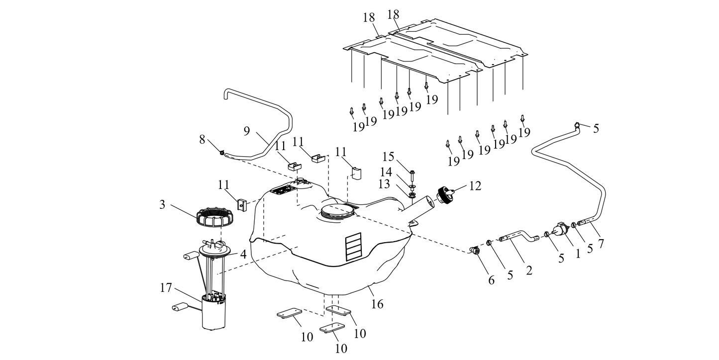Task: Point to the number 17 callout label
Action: click(x=166, y=288)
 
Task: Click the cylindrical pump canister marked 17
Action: click(x=214, y=313)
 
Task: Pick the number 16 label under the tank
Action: click(x=377, y=303)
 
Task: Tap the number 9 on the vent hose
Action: click(x=247, y=131)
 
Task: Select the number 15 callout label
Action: click(x=388, y=157)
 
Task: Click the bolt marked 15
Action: click(x=412, y=174)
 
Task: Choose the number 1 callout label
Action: click(x=578, y=253)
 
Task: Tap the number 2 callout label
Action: click(x=529, y=270)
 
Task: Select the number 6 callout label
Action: click(x=491, y=280)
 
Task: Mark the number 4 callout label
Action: click(x=243, y=254)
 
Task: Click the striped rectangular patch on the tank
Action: click(x=355, y=247)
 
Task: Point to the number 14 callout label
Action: click(x=387, y=172)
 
